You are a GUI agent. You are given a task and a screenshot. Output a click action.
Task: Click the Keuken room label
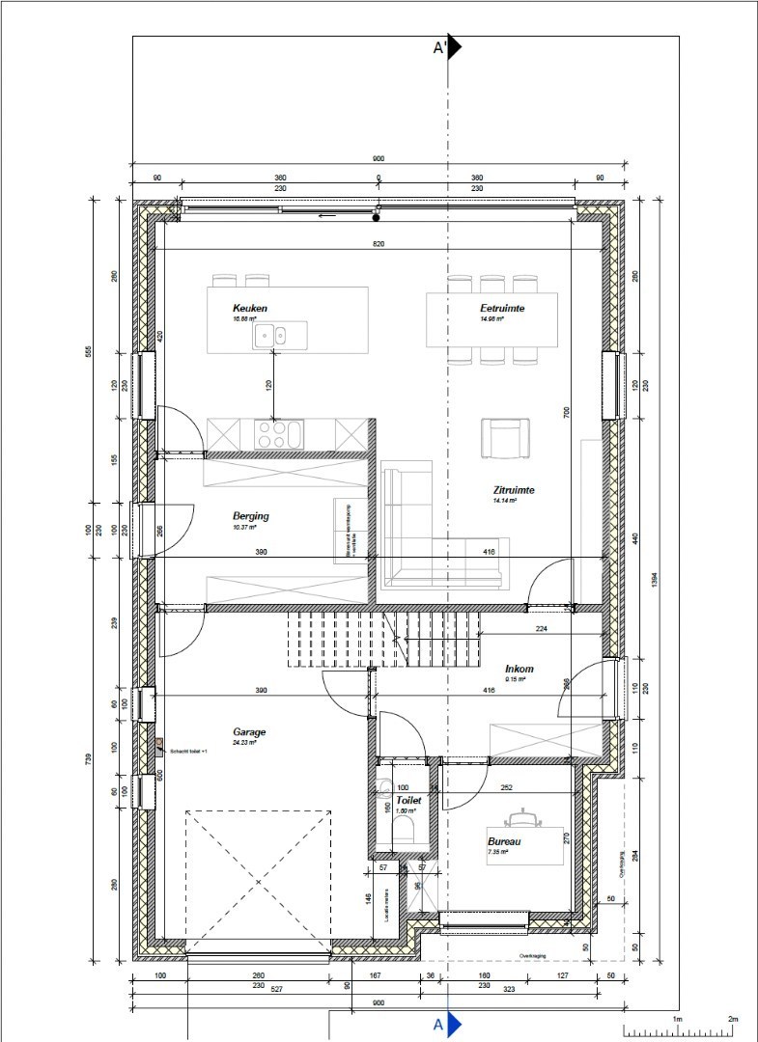tap(249, 309)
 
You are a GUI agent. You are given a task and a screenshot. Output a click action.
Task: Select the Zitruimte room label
tap(513, 490)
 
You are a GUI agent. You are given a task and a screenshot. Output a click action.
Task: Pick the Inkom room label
tap(519, 669)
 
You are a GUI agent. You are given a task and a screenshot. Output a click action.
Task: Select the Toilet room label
tap(408, 801)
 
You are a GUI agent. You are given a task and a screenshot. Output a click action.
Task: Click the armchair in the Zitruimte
tap(505, 438)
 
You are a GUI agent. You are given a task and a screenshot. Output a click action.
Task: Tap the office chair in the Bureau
tap(525, 818)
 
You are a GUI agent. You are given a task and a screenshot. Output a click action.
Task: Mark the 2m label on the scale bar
tap(732, 1019)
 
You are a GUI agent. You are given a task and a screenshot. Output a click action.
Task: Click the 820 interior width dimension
tap(379, 245)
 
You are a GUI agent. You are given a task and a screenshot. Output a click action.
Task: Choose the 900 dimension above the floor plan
tap(379, 159)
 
